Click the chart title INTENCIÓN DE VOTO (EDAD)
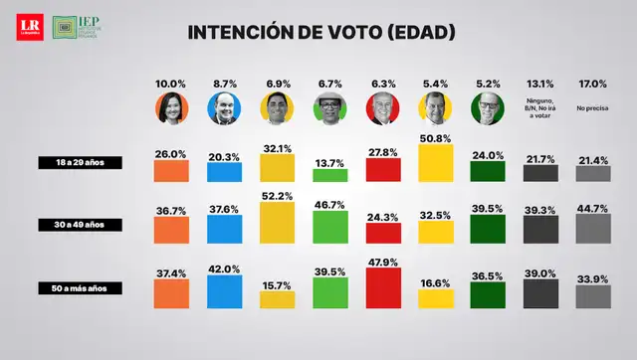[x=321, y=33]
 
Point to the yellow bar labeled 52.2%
[x=277, y=223]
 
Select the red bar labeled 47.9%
[x=383, y=287]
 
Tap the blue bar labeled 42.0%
[x=224, y=290]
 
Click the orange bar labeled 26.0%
[x=171, y=171]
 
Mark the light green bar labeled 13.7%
[x=329, y=175]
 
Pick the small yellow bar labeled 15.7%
[x=277, y=299]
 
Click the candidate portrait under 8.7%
[x=224, y=109]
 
